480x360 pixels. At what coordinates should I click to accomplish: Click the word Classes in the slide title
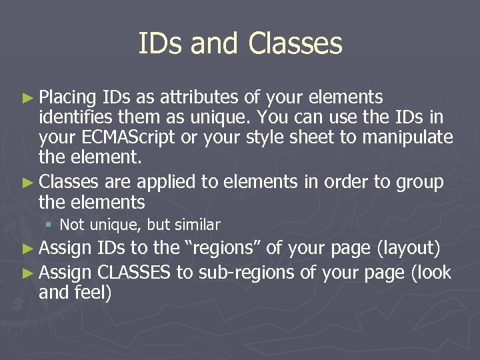295,44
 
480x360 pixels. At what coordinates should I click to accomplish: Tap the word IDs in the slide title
160,44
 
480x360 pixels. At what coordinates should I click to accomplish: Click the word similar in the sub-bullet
197,225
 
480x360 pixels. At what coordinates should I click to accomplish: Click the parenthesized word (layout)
408,249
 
